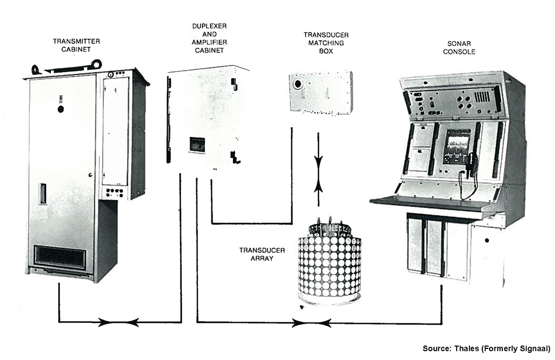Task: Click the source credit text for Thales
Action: [x=486, y=348]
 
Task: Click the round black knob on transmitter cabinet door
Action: [x=60, y=109]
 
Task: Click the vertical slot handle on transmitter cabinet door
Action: [x=42, y=194]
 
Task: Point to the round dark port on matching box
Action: [x=299, y=85]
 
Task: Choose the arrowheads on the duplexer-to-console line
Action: [x=311, y=322]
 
